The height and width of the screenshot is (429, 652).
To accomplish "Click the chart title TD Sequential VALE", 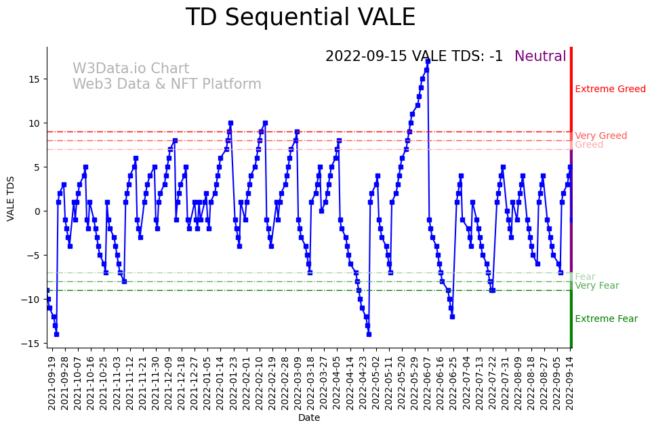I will pyautogui.click(x=300, y=18).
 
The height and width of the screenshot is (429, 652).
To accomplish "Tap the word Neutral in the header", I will pyautogui.click(x=540, y=57).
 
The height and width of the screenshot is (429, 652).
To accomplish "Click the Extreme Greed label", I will pyautogui.click(x=610, y=89).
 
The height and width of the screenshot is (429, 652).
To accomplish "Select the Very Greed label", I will pyautogui.click(x=600, y=136).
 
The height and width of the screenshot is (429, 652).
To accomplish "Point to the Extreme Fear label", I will pyautogui.click(x=606, y=319).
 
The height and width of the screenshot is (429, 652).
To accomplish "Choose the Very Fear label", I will pyautogui.click(x=596, y=286).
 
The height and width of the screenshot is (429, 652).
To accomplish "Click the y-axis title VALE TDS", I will pyautogui.click(x=11, y=198).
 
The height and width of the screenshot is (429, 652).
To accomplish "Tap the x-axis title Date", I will pyautogui.click(x=309, y=418).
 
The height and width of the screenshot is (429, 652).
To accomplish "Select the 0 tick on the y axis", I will pyautogui.click(x=38, y=211).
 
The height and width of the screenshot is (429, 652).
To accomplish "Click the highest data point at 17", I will pyautogui.click(x=428, y=61).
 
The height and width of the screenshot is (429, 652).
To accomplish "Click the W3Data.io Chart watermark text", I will pyautogui.click(x=131, y=69).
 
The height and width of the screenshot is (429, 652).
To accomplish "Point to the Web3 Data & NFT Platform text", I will pyautogui.click(x=167, y=85).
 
